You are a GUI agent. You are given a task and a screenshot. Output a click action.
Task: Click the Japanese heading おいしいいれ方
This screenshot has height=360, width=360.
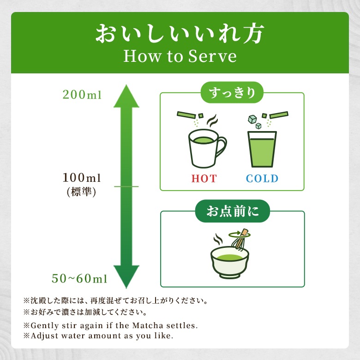click(180, 35)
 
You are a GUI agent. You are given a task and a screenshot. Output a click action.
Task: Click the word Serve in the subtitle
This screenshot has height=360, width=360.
click(212, 56)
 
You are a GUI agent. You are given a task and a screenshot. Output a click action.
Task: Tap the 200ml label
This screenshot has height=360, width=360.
click(82, 95)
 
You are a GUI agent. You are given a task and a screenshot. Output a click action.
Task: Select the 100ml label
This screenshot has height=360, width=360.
click(82, 178)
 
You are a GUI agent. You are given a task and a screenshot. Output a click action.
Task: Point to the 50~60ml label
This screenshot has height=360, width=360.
click(79, 279)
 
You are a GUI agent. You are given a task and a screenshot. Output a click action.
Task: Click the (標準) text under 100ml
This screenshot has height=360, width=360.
click(81, 192)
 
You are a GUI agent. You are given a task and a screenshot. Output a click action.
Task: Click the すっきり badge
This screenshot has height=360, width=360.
click(232, 93)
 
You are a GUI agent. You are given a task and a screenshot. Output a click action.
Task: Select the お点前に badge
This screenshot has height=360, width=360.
click(232, 211)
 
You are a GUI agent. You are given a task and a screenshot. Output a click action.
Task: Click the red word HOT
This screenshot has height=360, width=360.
click(204, 179)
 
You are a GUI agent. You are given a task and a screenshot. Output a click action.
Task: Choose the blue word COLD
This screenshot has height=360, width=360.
click(262, 179)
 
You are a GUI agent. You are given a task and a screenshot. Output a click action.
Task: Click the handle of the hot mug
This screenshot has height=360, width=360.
click(220, 147)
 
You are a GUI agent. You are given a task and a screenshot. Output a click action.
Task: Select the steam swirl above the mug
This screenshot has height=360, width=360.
click(212, 121)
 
